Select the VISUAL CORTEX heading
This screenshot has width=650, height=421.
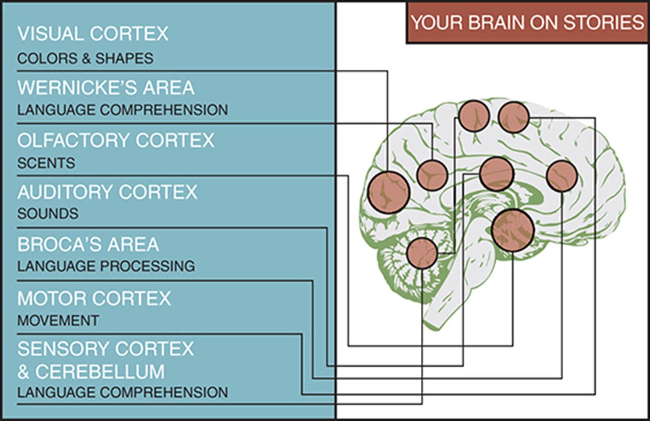tap(93, 34)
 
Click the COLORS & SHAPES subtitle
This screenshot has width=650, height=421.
tap(85, 59)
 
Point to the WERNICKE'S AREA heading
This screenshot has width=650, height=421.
tap(106, 88)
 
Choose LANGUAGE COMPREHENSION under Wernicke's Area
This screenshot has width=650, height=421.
tap(122, 110)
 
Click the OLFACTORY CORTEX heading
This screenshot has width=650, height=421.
tap(116, 140)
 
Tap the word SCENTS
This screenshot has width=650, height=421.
tap(46, 163)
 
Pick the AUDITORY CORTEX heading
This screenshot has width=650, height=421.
tap(107, 192)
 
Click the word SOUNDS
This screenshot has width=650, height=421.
tap(48, 214)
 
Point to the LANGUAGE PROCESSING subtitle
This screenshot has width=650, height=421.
tap(106, 266)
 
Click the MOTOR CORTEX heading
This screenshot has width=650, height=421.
tap(94, 298)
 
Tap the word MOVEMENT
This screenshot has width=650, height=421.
tap(58, 321)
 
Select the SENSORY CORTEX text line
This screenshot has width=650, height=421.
tap(105, 349)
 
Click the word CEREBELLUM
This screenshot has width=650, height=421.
tap(100, 372)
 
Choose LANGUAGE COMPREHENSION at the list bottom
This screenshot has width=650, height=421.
tap(122, 392)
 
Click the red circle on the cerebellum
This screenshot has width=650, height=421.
tap(422, 253)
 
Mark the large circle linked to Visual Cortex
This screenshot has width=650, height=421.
tap(389, 192)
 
